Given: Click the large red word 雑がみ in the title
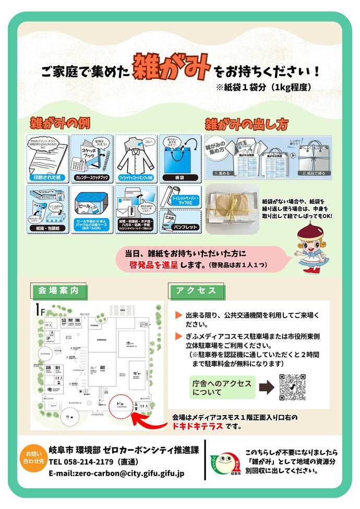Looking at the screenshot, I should [172, 66].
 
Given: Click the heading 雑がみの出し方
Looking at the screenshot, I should [246, 124].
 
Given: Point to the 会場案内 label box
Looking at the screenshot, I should [58, 290].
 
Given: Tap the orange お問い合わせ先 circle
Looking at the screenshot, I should [33, 457].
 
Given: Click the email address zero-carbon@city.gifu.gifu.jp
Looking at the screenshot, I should [116, 474].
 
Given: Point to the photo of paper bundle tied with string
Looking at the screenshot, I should [232, 209].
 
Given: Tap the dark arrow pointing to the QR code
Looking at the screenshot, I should [266, 387].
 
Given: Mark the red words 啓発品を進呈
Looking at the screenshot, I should [154, 265].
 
